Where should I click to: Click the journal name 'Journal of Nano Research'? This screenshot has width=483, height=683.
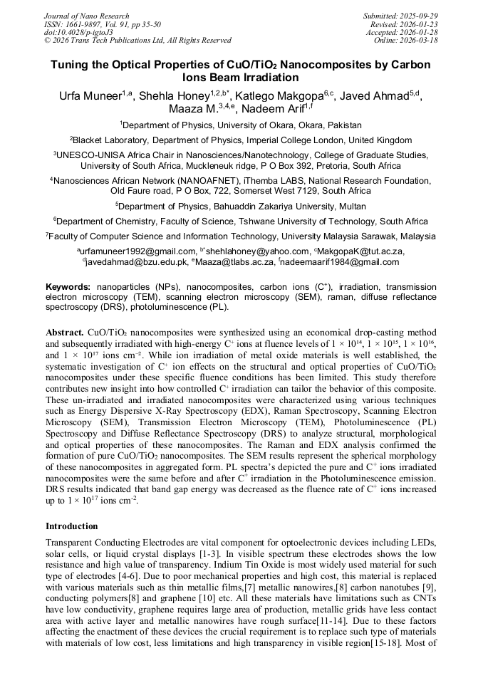click(87, 16)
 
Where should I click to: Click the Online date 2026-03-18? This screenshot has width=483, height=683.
click(406, 41)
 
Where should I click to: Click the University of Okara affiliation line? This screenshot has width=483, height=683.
click(241, 125)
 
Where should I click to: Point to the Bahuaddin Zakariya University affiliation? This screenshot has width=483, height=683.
click(241, 205)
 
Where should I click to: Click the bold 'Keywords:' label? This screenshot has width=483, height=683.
click(68, 286)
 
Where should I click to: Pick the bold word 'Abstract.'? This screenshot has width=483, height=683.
click(65, 333)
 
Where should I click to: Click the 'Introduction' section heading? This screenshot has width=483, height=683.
click(72, 526)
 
